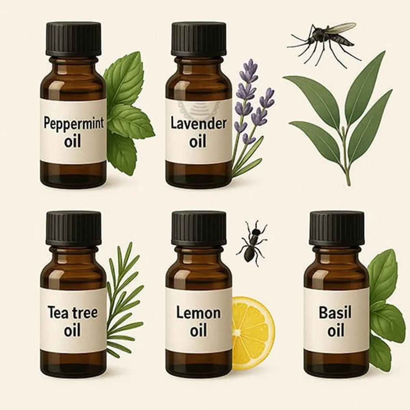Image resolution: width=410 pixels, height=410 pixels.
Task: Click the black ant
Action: point(252,243)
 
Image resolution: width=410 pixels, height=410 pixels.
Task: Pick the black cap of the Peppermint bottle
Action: point(73,40)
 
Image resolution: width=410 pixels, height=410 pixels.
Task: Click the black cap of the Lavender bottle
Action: point(199,39)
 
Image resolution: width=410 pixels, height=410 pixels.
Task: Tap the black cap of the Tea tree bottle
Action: point(73,228)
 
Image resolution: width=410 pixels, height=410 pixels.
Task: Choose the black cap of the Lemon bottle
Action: point(199,228)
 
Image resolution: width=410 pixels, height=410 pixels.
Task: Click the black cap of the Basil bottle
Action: point(337,228)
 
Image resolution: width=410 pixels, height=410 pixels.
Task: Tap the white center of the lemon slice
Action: point(238,332)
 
